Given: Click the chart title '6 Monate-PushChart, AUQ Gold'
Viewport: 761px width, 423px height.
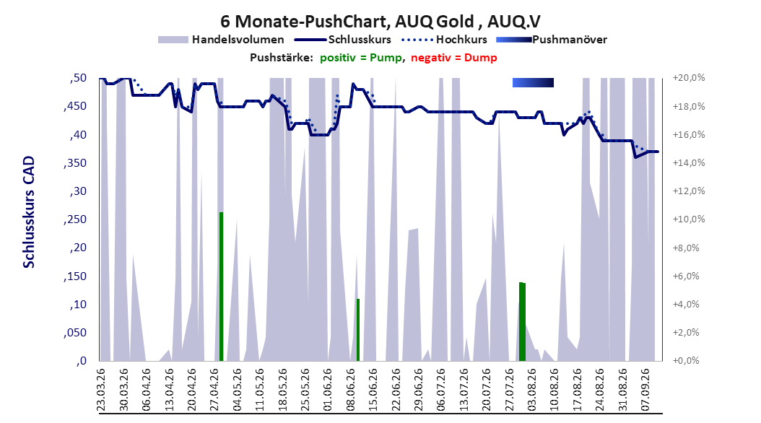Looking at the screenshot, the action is [x=347, y=22].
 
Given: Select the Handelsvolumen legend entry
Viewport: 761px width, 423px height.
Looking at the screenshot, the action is [x=221, y=40].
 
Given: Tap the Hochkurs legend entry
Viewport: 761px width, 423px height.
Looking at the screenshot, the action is [x=444, y=40].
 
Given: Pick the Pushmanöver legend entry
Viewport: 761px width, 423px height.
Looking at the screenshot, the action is [x=552, y=40].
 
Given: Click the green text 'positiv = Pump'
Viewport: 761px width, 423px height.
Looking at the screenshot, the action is [x=361, y=58].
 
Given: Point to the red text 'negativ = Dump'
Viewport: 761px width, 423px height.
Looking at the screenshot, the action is [x=454, y=58].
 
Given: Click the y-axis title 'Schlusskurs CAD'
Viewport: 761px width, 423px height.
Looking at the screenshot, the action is [x=29, y=212].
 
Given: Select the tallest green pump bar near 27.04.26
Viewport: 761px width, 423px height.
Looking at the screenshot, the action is [x=222, y=287].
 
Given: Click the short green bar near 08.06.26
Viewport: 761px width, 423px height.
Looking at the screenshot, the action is [x=358, y=330].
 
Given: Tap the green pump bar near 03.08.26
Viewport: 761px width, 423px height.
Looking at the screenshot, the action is [x=522, y=322].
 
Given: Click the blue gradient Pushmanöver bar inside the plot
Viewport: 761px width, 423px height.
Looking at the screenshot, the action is [x=533, y=82].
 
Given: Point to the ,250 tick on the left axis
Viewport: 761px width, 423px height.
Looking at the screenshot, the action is [x=75, y=219].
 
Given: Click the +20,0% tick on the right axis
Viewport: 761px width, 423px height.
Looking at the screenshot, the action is [x=689, y=78].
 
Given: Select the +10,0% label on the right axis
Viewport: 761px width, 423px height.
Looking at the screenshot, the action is [x=689, y=219].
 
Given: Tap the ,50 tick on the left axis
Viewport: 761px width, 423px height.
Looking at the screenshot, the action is [x=78, y=78].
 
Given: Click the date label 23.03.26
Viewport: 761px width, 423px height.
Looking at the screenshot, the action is [x=101, y=390].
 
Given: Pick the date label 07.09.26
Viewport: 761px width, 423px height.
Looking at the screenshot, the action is [x=645, y=390].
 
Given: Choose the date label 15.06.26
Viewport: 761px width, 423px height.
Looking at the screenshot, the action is [x=373, y=390].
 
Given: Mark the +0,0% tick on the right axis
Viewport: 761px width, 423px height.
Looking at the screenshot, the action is [x=689, y=361].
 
